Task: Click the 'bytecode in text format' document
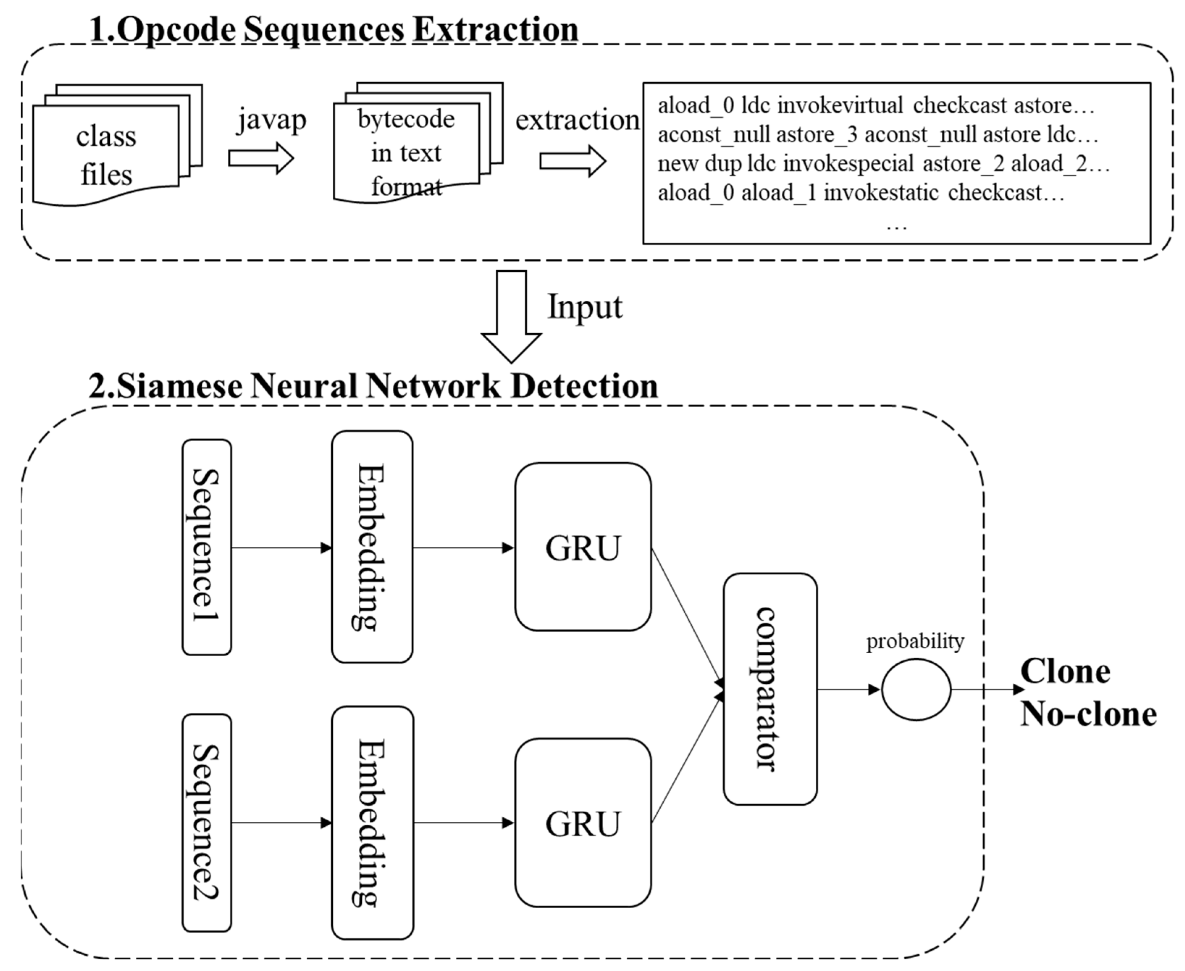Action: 406,152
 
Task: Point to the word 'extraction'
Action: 577,120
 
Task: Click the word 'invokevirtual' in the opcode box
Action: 840,105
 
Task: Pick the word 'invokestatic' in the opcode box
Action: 881,192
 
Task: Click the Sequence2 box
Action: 206,822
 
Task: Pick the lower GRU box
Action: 583,822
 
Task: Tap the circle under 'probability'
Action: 916,689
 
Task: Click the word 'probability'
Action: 915,641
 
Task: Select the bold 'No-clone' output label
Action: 1088,715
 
